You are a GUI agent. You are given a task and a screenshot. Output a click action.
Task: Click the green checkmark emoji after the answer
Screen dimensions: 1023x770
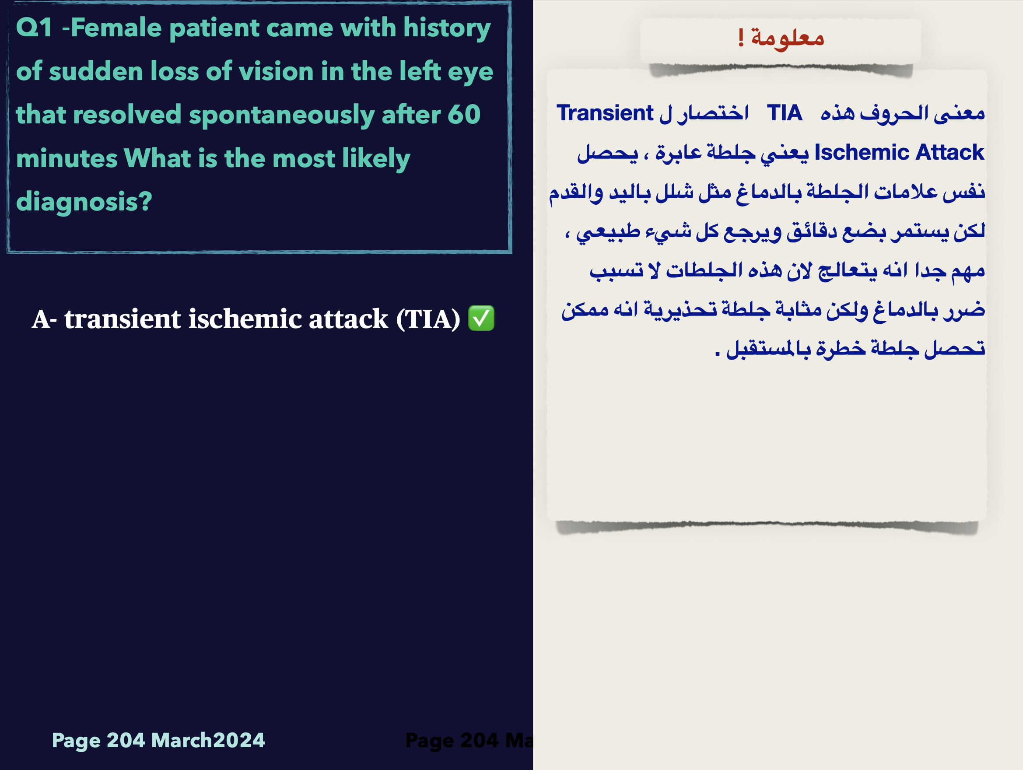[x=481, y=318]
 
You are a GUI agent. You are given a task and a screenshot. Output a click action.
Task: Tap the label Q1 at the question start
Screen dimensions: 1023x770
[x=34, y=27]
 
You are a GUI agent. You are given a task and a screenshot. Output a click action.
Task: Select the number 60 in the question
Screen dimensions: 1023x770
[x=464, y=114]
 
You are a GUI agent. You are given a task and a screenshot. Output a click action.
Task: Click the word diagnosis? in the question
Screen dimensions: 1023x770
[x=84, y=202]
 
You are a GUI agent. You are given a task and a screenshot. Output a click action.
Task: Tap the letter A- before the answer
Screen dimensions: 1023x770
[x=44, y=319]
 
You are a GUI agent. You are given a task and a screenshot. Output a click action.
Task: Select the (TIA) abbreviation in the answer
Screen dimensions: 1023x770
[x=428, y=319]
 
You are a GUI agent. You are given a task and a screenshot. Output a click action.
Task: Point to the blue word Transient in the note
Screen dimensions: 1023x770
[x=605, y=113]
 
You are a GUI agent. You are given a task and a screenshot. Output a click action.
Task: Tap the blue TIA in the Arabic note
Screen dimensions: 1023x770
[x=785, y=113]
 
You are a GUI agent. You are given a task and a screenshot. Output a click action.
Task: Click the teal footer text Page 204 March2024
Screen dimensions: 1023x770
[x=158, y=740]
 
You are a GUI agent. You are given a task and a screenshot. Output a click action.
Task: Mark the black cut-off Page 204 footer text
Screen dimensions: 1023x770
[x=469, y=740]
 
